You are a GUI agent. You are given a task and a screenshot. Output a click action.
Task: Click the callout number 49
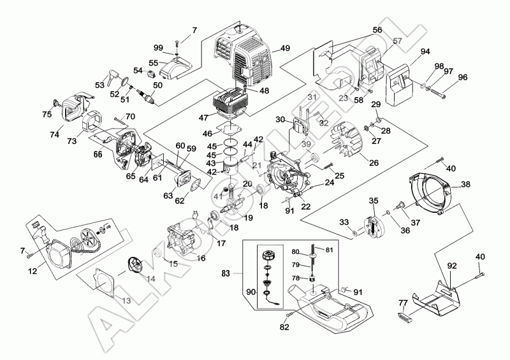tap(284, 48)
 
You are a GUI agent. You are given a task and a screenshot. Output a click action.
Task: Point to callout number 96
tap(462, 77)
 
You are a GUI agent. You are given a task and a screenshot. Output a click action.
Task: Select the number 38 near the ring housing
tap(465, 184)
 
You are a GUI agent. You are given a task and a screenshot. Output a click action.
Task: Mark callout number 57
tap(397, 41)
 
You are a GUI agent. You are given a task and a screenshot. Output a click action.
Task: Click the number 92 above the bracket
tap(452, 264)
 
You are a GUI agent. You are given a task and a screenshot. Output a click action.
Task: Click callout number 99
tap(158, 48)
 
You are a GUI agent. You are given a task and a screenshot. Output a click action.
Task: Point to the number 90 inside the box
tap(250, 292)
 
